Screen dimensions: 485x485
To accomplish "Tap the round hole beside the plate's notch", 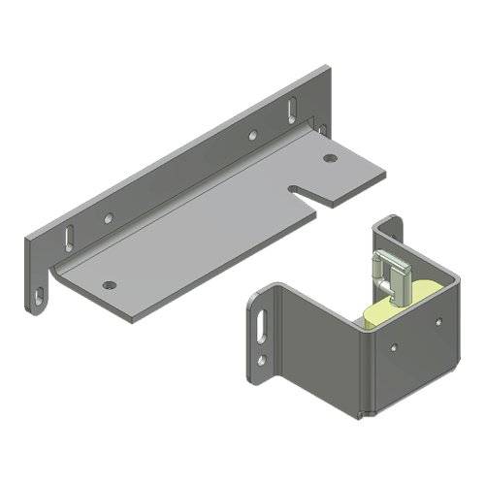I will pos(330,157).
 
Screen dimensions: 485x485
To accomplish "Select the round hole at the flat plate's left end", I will pos(109,285).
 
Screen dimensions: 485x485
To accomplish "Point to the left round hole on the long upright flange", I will pos(109,219).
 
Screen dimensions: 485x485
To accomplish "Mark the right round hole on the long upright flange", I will pos(251,135).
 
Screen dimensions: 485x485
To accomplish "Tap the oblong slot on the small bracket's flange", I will pos(262,324).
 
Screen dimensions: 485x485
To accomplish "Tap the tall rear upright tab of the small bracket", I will pos(390,233).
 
